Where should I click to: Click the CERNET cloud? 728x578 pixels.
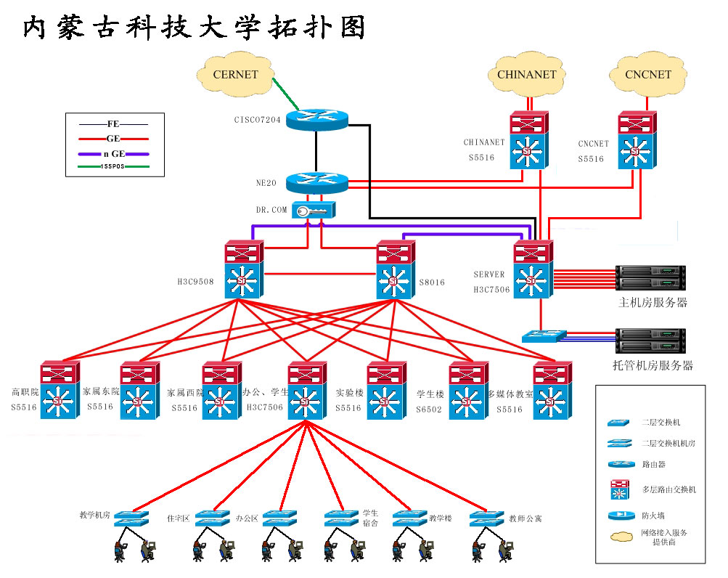pos(235,74)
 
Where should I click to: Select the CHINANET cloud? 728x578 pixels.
pos(526,74)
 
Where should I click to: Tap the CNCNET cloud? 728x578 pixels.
pos(648,74)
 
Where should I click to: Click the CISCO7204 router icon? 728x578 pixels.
pos(317,119)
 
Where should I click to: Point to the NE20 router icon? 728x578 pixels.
pos(317,182)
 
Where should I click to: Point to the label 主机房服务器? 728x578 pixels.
pos(653,302)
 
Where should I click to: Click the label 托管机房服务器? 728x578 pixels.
pos(653,365)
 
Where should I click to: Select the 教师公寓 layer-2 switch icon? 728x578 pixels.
pos(487,518)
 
